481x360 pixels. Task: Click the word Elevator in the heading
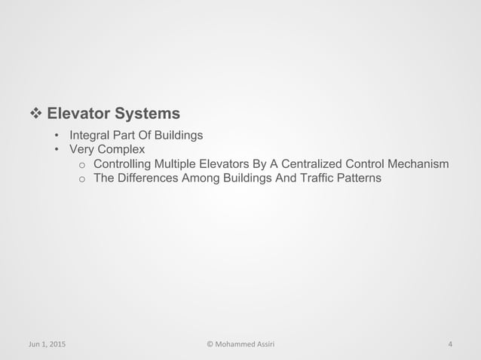coord(78,114)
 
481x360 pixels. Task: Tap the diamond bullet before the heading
coord(34,114)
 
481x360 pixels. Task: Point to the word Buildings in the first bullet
coord(176,136)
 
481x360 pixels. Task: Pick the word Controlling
coord(125,164)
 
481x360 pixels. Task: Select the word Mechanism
coord(415,164)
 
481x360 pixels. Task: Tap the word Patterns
coord(358,178)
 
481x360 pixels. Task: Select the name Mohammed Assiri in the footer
coord(246,346)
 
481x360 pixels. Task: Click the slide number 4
coord(450,346)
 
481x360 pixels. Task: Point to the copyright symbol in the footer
coord(210,346)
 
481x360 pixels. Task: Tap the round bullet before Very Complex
coord(57,150)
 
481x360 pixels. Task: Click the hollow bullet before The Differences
coord(82,179)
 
